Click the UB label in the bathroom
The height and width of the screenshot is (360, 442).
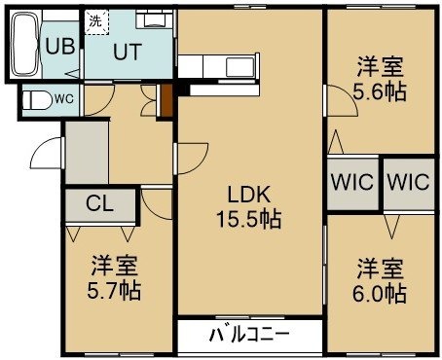tap(60, 46)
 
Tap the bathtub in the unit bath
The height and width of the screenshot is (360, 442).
tap(24, 44)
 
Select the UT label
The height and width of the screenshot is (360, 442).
tap(128, 52)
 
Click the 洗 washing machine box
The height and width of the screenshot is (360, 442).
tap(96, 21)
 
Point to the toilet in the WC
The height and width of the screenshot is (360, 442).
tap(38, 99)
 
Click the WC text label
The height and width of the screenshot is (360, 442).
tap(64, 99)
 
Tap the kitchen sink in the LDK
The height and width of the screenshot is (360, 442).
tap(240, 66)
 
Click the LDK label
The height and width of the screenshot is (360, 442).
tap(248, 195)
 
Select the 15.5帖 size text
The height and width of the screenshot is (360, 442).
tap(248, 219)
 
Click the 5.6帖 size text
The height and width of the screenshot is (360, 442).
tap(380, 91)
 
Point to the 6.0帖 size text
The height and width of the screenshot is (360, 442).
tap(380, 293)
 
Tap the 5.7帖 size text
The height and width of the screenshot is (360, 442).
tap(114, 290)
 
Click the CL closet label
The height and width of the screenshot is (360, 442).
tap(99, 203)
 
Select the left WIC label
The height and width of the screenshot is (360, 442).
tap(352, 182)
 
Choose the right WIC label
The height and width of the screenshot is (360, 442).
tap(409, 182)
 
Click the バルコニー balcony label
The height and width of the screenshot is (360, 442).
tap(249, 335)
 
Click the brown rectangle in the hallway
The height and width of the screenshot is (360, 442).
tap(166, 100)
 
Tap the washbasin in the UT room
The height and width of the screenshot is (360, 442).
tap(154, 19)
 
